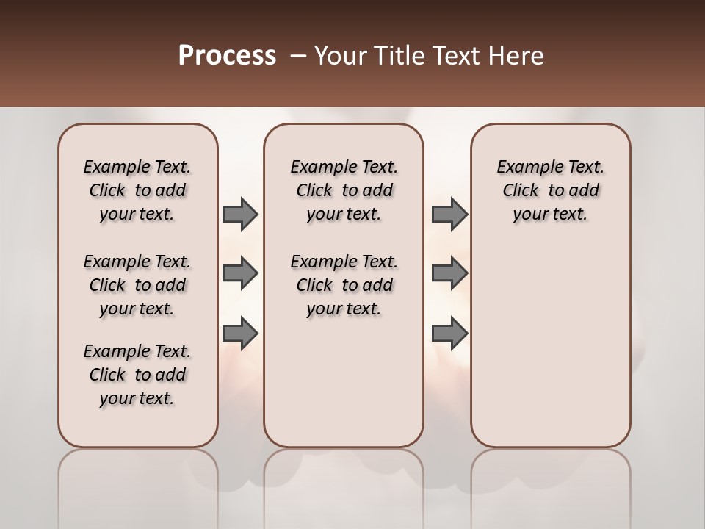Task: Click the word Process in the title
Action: (227, 56)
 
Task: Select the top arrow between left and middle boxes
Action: (240, 215)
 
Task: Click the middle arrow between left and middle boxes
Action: (240, 273)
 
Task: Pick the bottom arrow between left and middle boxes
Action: (240, 333)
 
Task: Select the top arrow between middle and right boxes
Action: (449, 215)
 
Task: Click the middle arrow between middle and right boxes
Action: (449, 273)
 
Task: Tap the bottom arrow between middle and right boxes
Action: (449, 333)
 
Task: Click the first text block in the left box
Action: (137, 190)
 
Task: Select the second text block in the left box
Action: (137, 285)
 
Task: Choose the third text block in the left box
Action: (137, 375)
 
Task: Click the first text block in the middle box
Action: (344, 190)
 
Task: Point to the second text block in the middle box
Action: (344, 285)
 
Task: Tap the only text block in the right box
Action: (551, 190)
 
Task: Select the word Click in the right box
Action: (521, 191)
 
